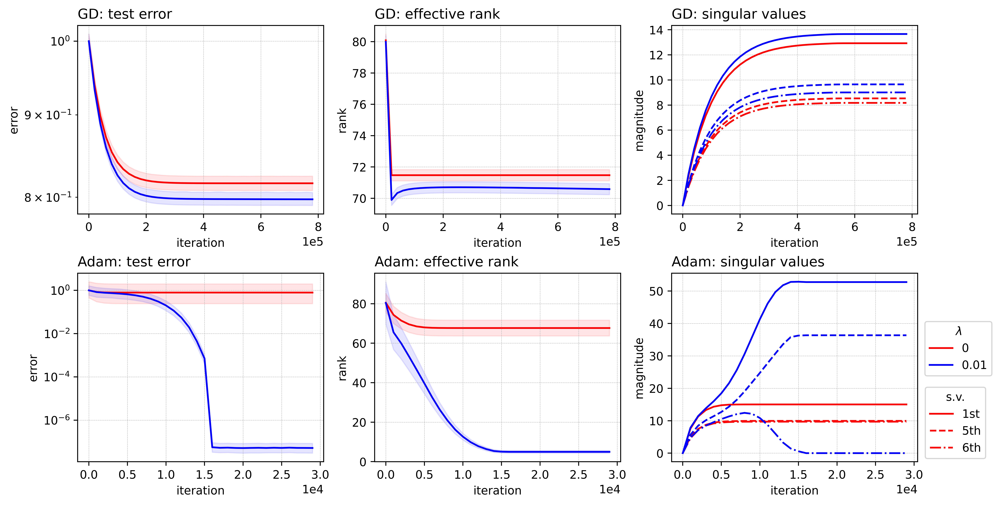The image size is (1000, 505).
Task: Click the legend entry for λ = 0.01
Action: tap(974, 365)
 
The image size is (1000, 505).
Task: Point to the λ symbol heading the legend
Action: tap(958, 331)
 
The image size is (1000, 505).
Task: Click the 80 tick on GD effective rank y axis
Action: tap(359, 42)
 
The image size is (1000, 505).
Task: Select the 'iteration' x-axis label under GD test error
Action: tap(200, 243)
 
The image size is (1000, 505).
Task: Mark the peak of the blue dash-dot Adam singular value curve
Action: tap(744, 413)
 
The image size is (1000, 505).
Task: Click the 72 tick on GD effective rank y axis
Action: tap(359, 167)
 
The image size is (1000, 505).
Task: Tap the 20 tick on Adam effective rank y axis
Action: tap(359, 422)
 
